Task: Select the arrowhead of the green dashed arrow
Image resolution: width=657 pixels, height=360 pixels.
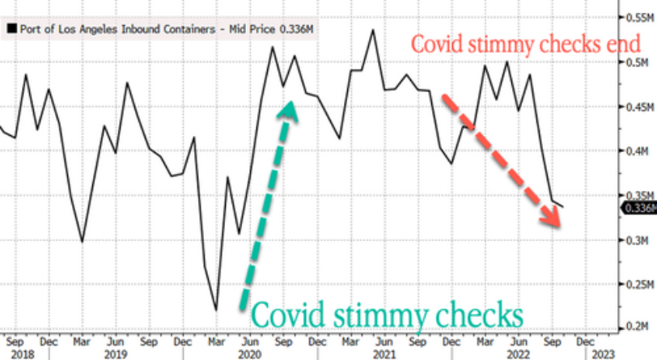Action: pos(287,110)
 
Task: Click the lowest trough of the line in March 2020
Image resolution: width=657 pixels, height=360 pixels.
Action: pos(216,309)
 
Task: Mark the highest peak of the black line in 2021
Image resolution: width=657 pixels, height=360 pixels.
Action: pos(372,30)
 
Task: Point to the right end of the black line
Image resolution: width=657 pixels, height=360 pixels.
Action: pos(564,207)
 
